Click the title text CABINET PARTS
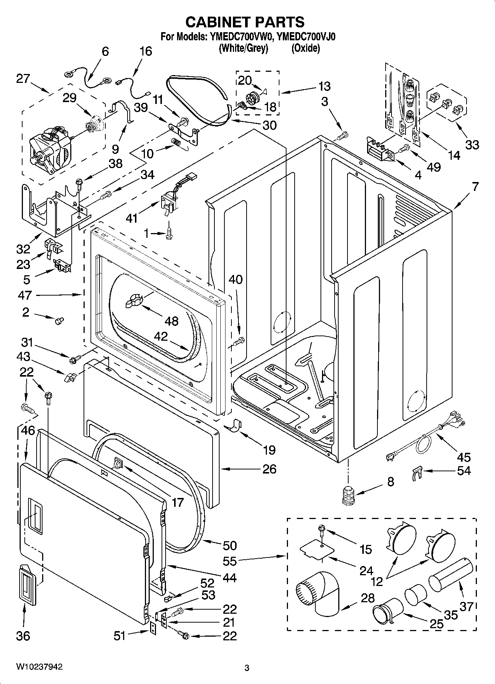(245, 22)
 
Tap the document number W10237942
(39, 667)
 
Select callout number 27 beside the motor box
(23, 78)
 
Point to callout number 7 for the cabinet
(475, 187)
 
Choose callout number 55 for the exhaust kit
(230, 561)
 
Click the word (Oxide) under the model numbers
(305, 48)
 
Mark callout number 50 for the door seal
(230, 545)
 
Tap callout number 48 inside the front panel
(172, 321)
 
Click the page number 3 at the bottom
(247, 668)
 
